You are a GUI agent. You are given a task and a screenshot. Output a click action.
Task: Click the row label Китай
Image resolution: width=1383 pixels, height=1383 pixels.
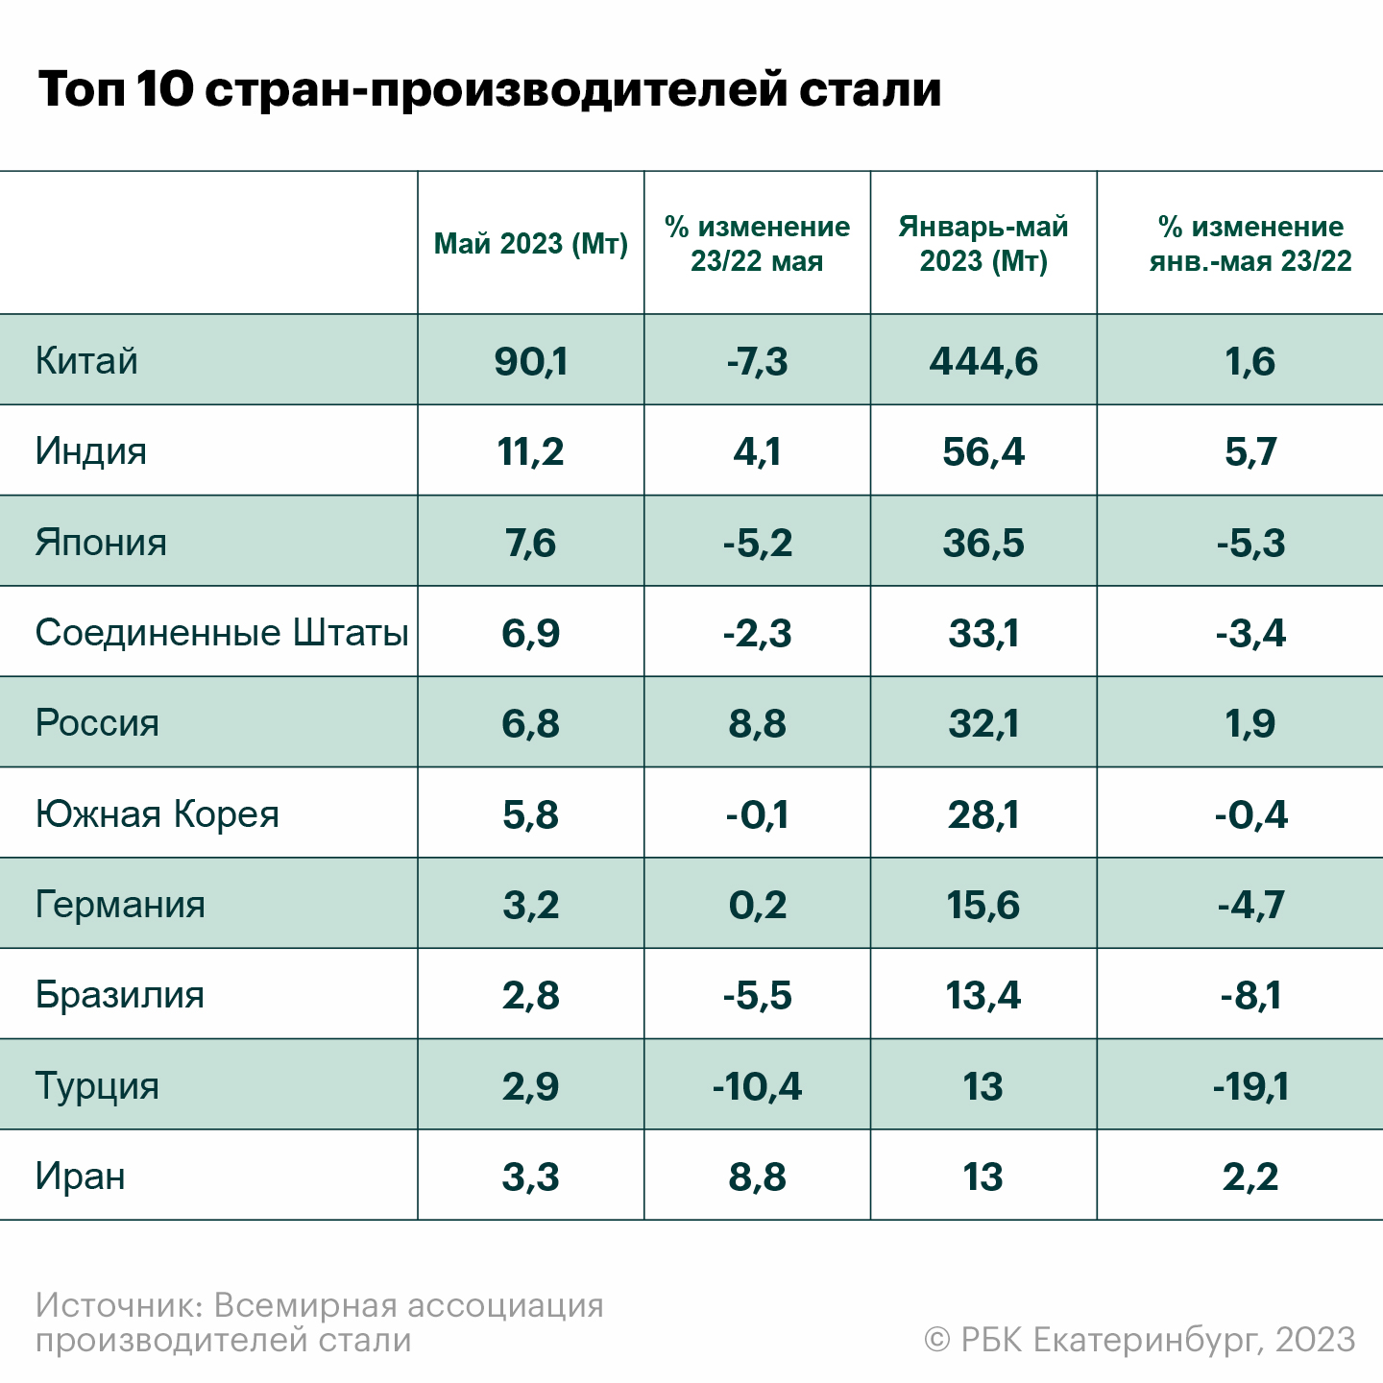click(86, 361)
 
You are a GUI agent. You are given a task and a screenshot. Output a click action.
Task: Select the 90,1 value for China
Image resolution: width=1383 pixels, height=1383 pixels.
click(531, 361)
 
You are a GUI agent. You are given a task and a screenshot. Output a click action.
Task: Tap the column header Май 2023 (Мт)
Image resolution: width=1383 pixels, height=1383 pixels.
click(531, 244)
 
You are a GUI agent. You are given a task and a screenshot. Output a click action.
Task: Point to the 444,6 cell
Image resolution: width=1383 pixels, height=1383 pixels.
click(983, 361)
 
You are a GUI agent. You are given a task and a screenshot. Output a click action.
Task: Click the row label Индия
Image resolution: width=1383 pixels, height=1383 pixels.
click(91, 451)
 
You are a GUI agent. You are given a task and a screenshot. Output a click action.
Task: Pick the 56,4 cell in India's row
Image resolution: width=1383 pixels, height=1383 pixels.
click(983, 451)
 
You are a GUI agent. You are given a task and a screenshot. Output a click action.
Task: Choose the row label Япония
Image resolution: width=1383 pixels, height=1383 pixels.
click(101, 543)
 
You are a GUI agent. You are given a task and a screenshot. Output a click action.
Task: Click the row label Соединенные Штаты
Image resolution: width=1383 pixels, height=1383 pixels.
click(222, 633)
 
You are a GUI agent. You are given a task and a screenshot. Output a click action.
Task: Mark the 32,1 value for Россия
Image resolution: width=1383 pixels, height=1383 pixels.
click(983, 723)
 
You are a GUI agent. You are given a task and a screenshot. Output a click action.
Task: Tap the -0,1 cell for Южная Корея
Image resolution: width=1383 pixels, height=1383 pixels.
click(757, 814)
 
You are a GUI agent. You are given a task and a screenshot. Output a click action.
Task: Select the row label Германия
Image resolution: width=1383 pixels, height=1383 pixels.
click(120, 905)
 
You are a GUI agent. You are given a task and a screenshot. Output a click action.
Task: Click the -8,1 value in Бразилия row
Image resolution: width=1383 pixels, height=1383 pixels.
click(1250, 995)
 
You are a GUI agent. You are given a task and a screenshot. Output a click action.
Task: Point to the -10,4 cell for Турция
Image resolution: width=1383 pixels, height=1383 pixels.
click(757, 1086)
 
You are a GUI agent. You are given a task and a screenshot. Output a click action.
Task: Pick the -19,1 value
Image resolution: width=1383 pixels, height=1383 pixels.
click(1250, 1086)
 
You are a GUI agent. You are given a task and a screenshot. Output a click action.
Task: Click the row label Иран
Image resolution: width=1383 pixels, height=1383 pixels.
click(81, 1177)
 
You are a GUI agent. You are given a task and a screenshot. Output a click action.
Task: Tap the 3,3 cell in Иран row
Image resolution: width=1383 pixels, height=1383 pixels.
click(531, 1177)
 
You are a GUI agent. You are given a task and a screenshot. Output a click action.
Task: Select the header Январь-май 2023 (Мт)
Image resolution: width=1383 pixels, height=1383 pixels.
click(983, 244)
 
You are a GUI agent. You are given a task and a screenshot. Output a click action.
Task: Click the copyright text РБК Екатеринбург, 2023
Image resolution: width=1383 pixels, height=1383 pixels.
click(1139, 1340)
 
